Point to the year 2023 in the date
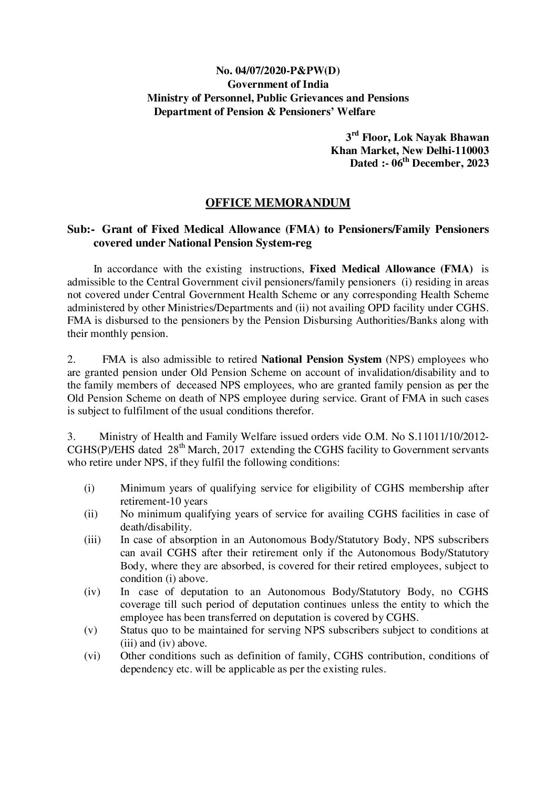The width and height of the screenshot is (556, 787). click(x=477, y=163)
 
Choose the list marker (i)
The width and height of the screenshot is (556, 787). click(x=89, y=488)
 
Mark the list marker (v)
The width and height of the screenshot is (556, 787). click(x=90, y=630)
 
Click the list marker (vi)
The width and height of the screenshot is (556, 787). click(x=91, y=656)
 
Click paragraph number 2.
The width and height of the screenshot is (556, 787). click(x=72, y=360)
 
